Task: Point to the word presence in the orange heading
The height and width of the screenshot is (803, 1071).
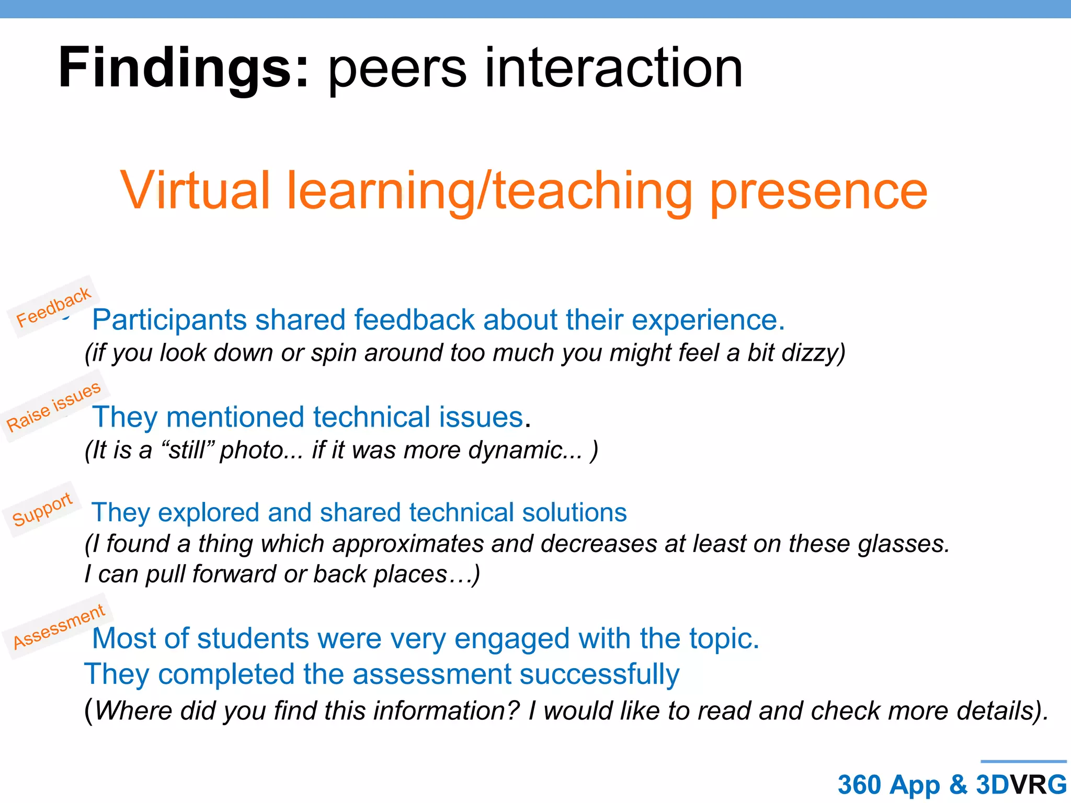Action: [818, 191]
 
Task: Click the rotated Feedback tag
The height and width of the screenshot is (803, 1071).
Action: [53, 307]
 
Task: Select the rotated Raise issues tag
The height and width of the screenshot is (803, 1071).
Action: [53, 406]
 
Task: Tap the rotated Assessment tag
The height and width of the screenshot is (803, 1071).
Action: [59, 626]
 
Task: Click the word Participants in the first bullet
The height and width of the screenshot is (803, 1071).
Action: [169, 320]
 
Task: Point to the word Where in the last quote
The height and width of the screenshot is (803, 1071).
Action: [133, 711]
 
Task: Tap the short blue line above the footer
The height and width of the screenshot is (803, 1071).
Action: [1023, 762]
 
